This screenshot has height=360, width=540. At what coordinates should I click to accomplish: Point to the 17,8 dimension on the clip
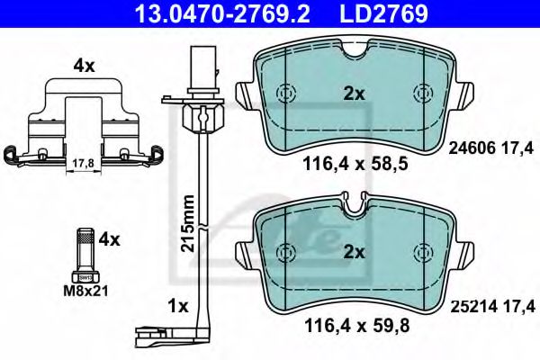[x=82, y=164]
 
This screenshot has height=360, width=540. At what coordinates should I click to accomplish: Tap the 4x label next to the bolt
[x=110, y=240]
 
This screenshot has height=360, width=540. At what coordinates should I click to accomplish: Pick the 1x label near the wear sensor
[x=177, y=306]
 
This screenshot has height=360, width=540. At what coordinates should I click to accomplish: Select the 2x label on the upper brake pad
[x=354, y=92]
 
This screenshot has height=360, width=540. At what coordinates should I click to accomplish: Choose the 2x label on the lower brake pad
[x=354, y=253]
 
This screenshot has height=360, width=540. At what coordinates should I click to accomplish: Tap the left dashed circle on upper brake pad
[x=286, y=94]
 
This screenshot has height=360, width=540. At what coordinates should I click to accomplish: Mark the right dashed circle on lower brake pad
[x=421, y=254]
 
